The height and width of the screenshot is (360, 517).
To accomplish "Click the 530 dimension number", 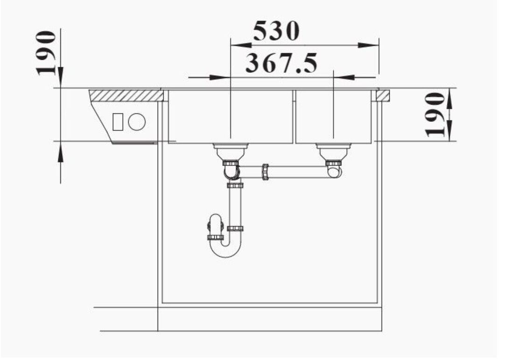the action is point(276,31).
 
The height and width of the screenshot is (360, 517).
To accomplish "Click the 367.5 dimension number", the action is point(281,63).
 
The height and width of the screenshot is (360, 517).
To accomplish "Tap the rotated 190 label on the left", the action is point(46,53).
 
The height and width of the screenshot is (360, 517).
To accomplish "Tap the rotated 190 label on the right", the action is point(435,114).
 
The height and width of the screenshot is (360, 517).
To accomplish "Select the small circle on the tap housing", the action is point(137,122).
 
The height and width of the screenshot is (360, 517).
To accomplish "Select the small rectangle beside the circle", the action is point(118,122).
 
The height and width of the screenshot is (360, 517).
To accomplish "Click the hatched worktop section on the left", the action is point(127,95).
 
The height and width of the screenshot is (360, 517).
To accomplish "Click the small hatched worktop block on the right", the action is point(383,95).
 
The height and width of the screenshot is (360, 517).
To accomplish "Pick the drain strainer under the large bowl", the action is point(231,151).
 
